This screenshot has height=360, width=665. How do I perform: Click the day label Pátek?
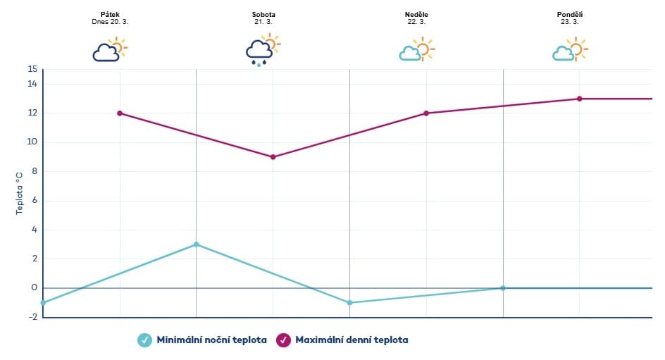[x=110, y=14]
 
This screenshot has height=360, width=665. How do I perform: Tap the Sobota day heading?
[x=263, y=14]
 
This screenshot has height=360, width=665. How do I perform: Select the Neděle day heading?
[x=417, y=14]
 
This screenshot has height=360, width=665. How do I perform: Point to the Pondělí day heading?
[x=570, y=14]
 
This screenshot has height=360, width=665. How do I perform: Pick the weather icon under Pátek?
[x=110, y=49]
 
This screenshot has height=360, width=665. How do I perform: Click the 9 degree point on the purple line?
[x=273, y=157]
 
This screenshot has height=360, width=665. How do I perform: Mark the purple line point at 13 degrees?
[x=580, y=99]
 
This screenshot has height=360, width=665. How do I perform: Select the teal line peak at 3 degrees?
[x=196, y=244]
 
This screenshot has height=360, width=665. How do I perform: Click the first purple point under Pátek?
[x=120, y=113]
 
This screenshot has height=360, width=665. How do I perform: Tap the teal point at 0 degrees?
[x=503, y=287]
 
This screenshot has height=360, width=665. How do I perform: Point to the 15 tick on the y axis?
[x=32, y=69]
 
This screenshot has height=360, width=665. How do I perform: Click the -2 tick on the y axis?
[x=32, y=317]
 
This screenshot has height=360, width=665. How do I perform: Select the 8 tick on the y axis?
[x=32, y=171]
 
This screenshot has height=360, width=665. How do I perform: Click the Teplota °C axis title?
[x=19, y=193]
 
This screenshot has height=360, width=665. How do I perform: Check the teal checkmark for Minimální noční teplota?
[x=144, y=340]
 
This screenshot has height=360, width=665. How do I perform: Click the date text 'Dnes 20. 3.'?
[x=110, y=22]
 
